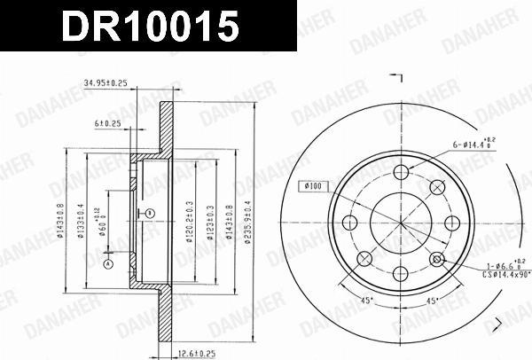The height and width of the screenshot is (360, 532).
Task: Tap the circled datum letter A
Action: pos(109,264)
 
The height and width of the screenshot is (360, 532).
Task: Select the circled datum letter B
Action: pos(150,213)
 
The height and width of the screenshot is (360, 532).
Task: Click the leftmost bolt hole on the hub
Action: pos(349,222)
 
